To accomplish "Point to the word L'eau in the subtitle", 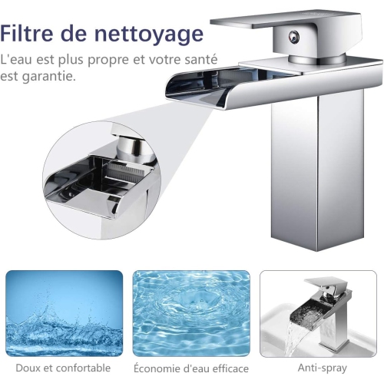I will tap(16, 59).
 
